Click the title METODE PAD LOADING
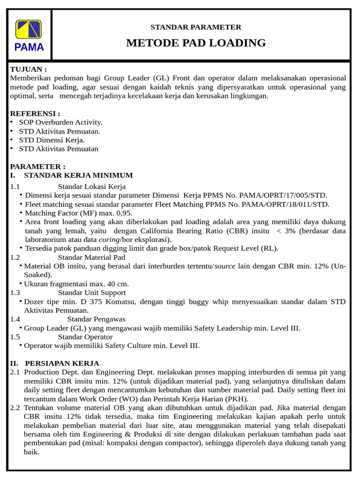[x=195, y=43]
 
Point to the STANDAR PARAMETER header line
[x=195, y=27]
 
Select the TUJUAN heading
[x=28, y=69]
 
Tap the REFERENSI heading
[x=35, y=113]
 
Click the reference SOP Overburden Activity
[x=60, y=122]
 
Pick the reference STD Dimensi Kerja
[x=52, y=140]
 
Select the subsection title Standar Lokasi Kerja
[x=92, y=187]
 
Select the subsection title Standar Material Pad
[x=91, y=257]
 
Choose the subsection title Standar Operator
[x=85, y=337]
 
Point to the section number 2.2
[x=15, y=408]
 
